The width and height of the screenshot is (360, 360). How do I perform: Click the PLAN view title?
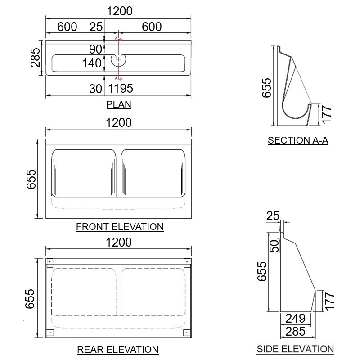point(119,104)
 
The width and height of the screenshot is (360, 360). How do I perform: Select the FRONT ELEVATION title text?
point(120,227)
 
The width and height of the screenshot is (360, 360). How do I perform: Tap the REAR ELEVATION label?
point(118,350)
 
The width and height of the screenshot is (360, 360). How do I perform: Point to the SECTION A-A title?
point(298,140)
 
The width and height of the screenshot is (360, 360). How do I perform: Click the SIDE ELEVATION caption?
point(295,349)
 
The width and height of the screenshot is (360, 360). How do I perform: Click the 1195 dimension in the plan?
point(121,88)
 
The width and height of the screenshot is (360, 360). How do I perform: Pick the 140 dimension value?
point(92,63)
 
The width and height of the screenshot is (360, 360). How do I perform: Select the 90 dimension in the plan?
point(95,49)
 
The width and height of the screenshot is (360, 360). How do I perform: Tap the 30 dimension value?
point(95,89)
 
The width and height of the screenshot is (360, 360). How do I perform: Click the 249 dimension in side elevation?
point(296,319)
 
